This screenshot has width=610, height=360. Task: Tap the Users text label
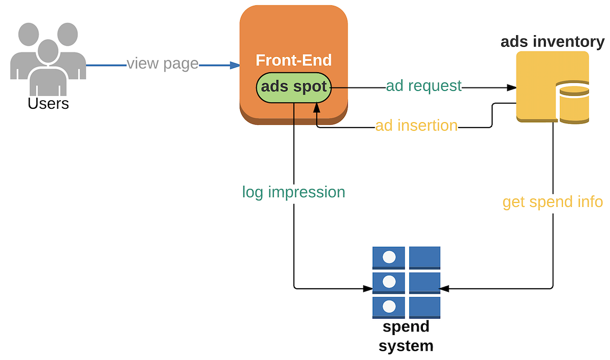48,104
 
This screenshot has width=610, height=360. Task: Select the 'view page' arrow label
162,64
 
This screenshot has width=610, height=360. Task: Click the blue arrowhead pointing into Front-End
235,65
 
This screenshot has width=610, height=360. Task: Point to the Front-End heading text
293,61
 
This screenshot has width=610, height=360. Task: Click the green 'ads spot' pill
293,87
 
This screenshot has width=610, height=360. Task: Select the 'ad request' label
423,86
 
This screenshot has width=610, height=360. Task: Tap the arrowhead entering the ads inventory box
511,87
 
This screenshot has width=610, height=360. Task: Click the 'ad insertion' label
416,126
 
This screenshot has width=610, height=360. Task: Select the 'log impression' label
293,192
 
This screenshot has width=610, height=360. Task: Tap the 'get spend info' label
552,202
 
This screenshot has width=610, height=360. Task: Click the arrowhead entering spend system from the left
368,289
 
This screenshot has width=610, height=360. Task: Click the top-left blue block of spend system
389,257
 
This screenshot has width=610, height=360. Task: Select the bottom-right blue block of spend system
424,308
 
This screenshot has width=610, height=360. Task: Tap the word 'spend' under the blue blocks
406,326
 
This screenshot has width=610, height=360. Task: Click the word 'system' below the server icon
406,346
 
